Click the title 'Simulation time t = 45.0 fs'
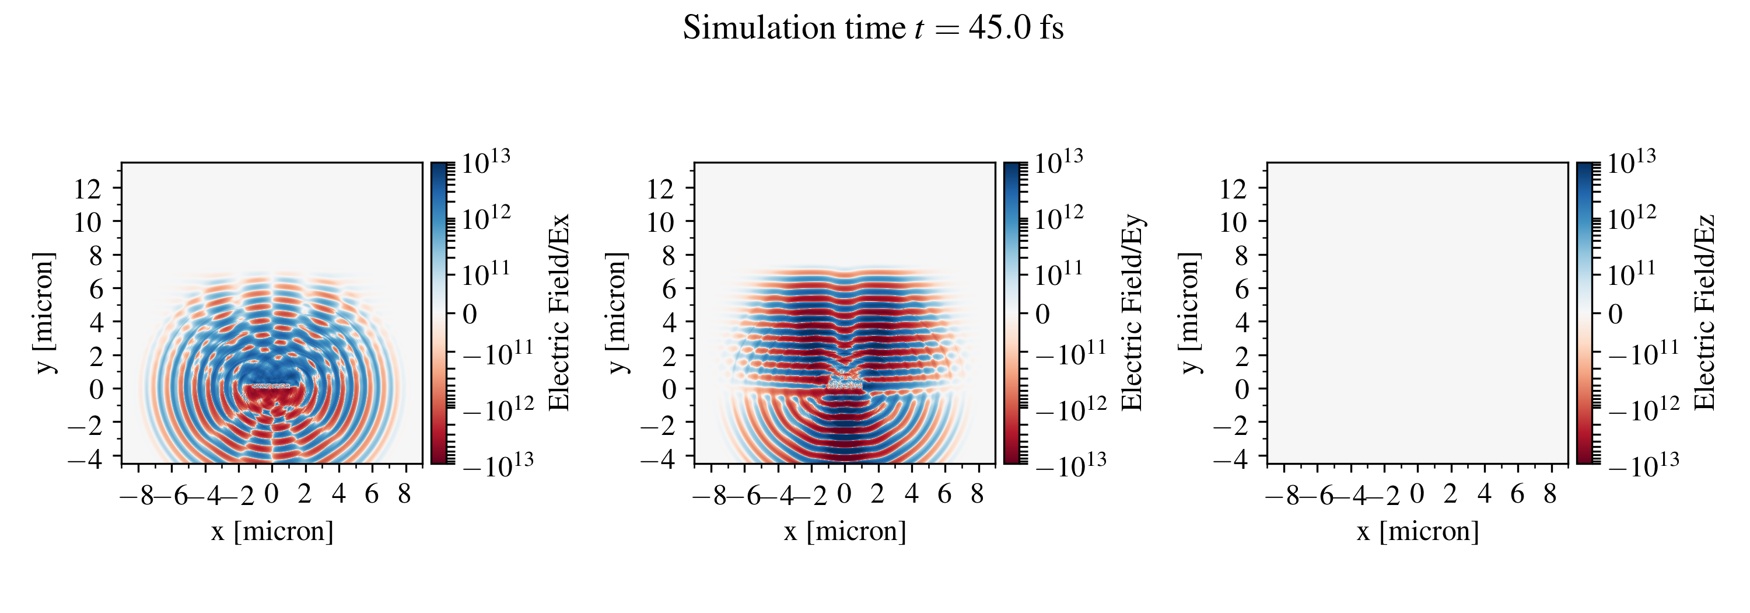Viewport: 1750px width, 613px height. pos(873,29)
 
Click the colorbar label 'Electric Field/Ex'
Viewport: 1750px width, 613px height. pos(558,312)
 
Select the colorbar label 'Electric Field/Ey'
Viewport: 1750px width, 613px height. pos(1132,312)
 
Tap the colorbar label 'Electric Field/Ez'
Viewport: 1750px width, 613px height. pos(1705,312)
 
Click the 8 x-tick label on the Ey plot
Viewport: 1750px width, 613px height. pos(977,494)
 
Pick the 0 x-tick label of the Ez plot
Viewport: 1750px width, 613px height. pos(1417,494)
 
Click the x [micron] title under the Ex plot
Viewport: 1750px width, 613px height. pos(272,531)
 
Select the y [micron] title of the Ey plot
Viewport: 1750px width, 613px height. pos(616,312)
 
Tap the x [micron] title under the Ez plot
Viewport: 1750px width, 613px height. pos(1418,531)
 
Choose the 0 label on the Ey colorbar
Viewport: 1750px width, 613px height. pos(1042,315)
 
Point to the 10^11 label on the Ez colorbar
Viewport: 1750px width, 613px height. pos(1632,274)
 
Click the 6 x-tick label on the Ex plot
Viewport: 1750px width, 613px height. pos(372,494)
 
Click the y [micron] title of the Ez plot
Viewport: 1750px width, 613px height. pos(1189,312)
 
